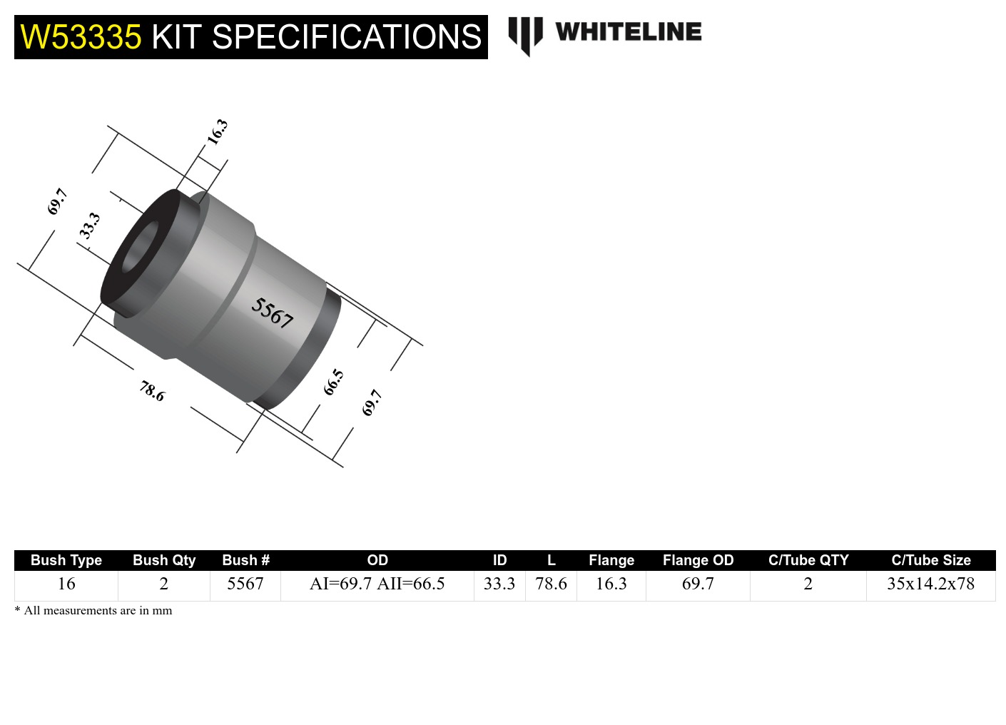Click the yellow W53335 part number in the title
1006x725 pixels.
click(x=81, y=37)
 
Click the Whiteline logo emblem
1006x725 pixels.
click(x=525, y=35)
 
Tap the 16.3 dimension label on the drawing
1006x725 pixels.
click(x=217, y=132)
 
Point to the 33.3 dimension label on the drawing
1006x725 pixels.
click(x=89, y=225)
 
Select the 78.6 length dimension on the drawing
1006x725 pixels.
click(x=152, y=390)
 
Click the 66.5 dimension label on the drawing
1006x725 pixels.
click(x=333, y=382)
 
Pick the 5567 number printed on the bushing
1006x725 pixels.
click(x=272, y=313)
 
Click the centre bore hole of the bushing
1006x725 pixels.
click(x=142, y=248)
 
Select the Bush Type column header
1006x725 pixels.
click(x=66, y=560)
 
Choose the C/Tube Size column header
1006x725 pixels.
click(x=930, y=560)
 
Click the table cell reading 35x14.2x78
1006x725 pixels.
click(x=930, y=584)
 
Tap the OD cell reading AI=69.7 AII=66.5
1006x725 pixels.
click(x=377, y=584)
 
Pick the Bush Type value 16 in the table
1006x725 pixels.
click(x=66, y=584)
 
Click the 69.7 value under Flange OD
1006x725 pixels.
click(x=698, y=584)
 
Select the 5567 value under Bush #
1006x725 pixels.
click(x=245, y=584)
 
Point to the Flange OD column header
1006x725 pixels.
click(x=698, y=560)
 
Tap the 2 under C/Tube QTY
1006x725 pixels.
click(x=808, y=584)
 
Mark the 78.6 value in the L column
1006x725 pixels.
click(x=551, y=584)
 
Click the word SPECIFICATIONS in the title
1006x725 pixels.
click(x=347, y=37)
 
